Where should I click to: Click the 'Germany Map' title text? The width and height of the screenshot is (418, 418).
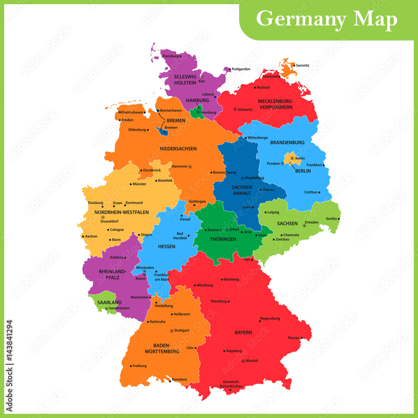[x=326, y=19]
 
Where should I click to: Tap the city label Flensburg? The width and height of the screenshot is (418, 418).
[x=170, y=56]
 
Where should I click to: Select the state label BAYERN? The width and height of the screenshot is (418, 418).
[x=243, y=332]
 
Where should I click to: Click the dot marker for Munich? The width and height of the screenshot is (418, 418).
[x=243, y=361]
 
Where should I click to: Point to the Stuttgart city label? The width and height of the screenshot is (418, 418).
[x=181, y=330]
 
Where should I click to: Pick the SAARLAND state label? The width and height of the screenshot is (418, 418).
[x=109, y=302]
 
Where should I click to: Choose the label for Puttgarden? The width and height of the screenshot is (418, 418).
[x=241, y=69]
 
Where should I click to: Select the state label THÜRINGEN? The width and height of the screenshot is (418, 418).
[x=223, y=239]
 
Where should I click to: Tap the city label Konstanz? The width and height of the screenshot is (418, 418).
[x=180, y=379]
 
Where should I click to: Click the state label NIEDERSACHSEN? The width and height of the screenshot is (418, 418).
[x=178, y=148]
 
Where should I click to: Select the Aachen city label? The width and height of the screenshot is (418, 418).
[x=91, y=236]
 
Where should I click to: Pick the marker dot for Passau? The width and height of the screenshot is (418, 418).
[x=301, y=338]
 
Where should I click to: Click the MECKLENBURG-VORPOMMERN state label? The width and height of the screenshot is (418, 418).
[x=275, y=104]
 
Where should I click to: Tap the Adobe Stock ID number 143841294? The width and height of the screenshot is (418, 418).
[x=9, y=360]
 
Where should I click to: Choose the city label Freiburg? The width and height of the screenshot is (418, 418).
[x=140, y=366]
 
